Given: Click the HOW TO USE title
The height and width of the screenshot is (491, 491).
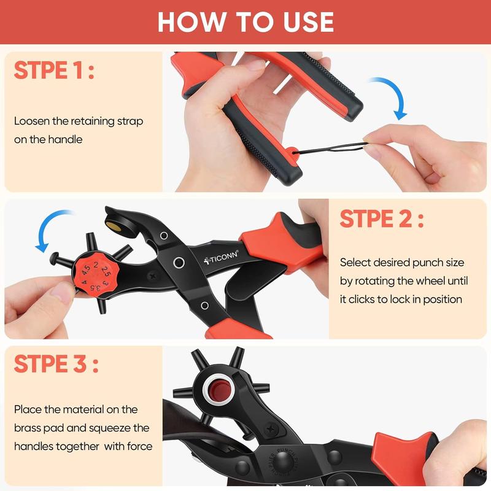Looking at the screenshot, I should pos(245,21).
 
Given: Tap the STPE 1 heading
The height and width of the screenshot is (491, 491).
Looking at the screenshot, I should pos(54,71).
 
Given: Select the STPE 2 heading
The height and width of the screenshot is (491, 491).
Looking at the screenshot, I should pos(381,218).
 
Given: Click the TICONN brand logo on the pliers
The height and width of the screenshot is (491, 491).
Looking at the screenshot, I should pos(225,254).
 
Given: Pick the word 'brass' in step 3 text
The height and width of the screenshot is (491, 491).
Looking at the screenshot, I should pos(29,428).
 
